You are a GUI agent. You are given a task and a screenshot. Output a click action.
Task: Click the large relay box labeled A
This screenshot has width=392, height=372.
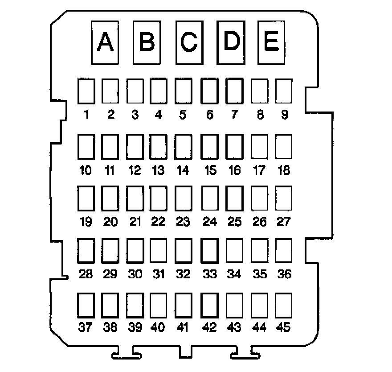point(105,43)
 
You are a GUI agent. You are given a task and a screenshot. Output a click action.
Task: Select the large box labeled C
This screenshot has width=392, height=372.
point(189,43)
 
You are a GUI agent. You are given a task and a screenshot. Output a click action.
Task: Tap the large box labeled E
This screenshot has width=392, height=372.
point(271,43)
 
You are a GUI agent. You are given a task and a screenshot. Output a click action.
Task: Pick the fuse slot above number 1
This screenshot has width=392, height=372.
point(86,92)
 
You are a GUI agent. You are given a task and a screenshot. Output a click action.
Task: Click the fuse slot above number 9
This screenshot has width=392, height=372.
point(283,92)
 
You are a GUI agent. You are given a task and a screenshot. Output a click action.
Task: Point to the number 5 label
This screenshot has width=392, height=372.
point(183,115)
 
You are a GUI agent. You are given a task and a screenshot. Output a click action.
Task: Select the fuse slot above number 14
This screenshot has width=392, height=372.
point(183,146)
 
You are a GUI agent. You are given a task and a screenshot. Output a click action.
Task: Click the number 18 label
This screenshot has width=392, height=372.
point(283,170)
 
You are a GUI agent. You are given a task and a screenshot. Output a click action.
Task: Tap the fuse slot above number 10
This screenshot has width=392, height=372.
point(86,146)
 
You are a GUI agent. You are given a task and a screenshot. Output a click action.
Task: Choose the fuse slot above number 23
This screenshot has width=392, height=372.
point(183,198)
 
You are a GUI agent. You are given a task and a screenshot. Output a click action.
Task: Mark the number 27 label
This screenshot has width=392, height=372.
point(283,222)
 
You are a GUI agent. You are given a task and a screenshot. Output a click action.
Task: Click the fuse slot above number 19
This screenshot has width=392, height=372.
point(86,198)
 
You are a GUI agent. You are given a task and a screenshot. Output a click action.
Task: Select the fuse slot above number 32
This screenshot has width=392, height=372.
point(183,250)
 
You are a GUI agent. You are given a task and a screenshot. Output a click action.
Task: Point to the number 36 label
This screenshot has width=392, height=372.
point(283,274)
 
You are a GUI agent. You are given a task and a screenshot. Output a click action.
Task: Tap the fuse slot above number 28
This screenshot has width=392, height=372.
point(86,250)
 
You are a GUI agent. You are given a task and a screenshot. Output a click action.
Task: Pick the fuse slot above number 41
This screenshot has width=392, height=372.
point(183,304)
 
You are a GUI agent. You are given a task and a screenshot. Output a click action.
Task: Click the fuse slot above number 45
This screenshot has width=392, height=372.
point(283,304)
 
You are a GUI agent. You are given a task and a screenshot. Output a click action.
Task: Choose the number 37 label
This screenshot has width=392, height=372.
point(86,328)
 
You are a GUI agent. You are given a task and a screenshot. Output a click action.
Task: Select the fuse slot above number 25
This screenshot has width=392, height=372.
point(234,198)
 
